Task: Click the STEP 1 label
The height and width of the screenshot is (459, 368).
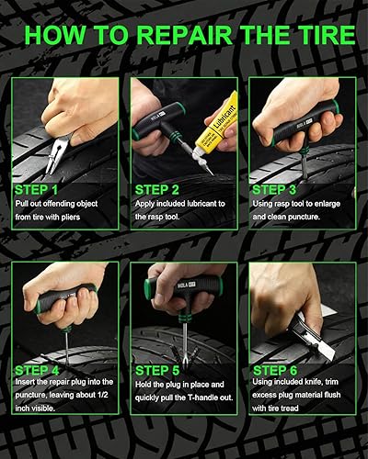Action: pyautogui.click(x=36, y=190)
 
